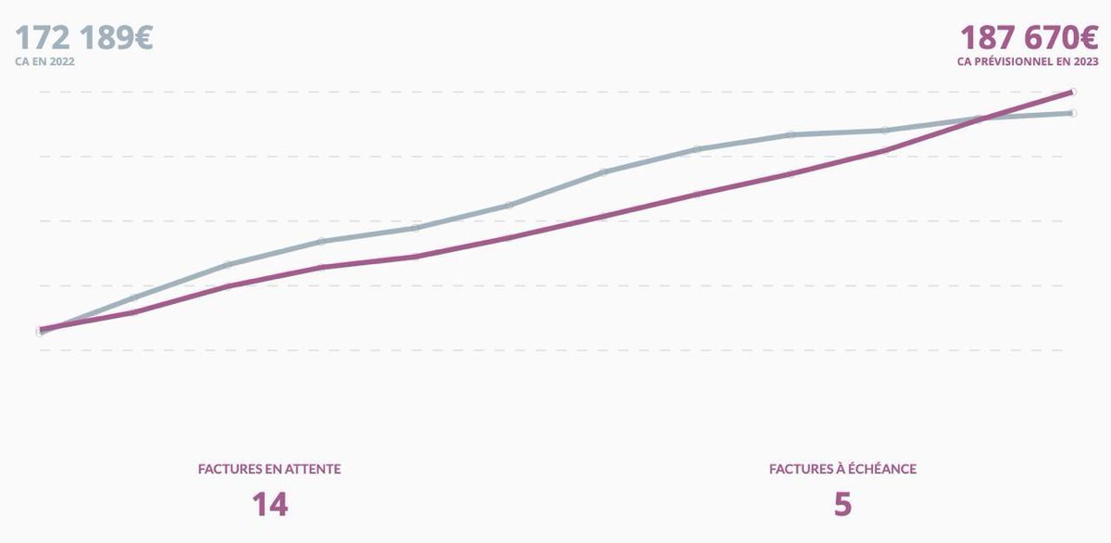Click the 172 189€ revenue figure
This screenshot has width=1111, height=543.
pyautogui.click(x=83, y=39)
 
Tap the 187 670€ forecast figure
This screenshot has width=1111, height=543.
pyautogui.click(x=1029, y=39)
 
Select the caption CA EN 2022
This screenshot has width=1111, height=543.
pyautogui.click(x=44, y=62)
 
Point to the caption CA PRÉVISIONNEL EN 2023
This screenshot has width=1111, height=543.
pyautogui.click(x=1028, y=62)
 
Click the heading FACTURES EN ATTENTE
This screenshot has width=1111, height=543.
pyautogui.click(x=269, y=469)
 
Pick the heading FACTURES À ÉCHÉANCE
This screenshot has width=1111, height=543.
pyautogui.click(x=843, y=469)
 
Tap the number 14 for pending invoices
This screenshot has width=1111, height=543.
pyautogui.click(x=269, y=505)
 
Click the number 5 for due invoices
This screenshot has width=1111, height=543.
pyautogui.click(x=843, y=505)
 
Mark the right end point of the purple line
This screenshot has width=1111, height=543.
pyautogui.click(x=1072, y=92)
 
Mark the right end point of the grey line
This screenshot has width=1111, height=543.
pyautogui.click(x=1072, y=113)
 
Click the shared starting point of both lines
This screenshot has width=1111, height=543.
pyautogui.click(x=40, y=330)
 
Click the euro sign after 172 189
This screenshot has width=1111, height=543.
pyautogui.click(x=141, y=39)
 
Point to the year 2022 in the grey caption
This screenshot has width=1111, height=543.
pyautogui.click(x=62, y=62)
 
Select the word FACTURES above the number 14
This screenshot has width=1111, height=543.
pyautogui.click(x=227, y=469)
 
